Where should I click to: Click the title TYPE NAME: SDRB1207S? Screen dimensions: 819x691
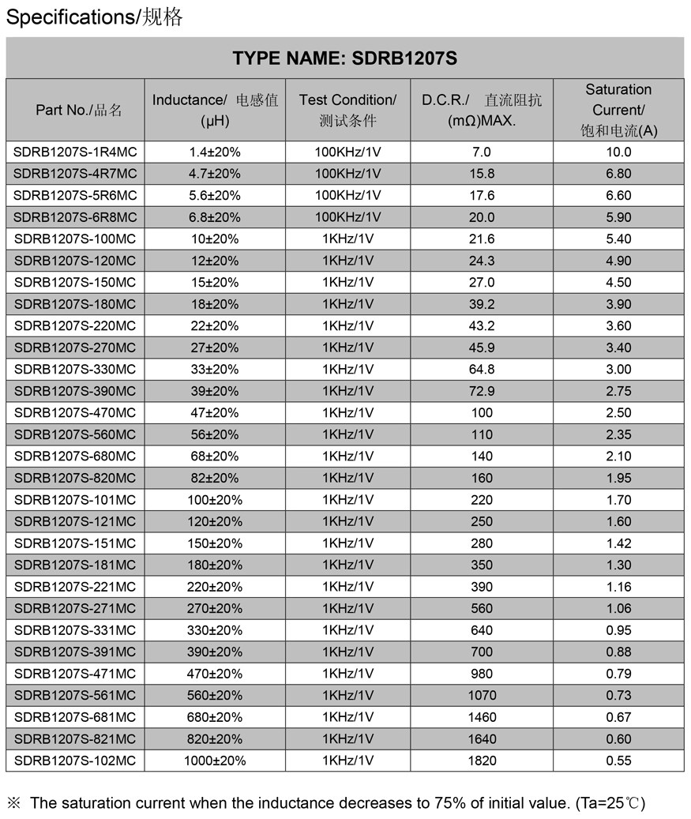(345, 58)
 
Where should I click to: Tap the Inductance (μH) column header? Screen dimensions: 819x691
(215, 110)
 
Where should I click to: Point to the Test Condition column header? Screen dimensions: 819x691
(347, 110)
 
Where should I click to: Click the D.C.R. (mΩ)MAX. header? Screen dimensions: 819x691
(482, 110)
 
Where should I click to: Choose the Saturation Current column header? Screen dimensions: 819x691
(618, 110)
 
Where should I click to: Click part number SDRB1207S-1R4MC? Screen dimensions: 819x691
(75, 152)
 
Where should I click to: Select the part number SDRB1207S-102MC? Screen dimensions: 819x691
(75, 761)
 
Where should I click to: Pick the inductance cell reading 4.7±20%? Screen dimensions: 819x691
(215, 174)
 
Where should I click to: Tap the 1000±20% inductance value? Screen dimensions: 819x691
(215, 761)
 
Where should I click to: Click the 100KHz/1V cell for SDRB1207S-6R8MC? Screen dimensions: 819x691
(347, 217)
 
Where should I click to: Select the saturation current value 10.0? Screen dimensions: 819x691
(618, 152)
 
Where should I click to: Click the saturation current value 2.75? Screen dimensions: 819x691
(618, 391)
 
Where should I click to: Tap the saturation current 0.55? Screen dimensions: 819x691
(618, 761)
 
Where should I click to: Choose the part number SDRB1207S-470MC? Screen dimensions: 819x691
(75, 412)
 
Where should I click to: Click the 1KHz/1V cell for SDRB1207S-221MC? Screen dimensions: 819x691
(347, 587)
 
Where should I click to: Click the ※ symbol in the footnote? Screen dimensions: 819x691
(14, 803)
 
